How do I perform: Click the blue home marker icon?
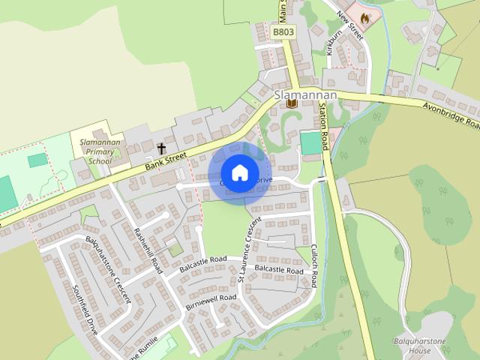(x=238, y=172)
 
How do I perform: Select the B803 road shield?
(x=283, y=33)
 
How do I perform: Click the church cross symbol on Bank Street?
(x=161, y=148)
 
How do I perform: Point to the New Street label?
(x=349, y=23)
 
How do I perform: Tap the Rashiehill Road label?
(x=148, y=248)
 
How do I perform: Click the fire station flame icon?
(x=364, y=16)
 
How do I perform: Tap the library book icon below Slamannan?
(x=291, y=103)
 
